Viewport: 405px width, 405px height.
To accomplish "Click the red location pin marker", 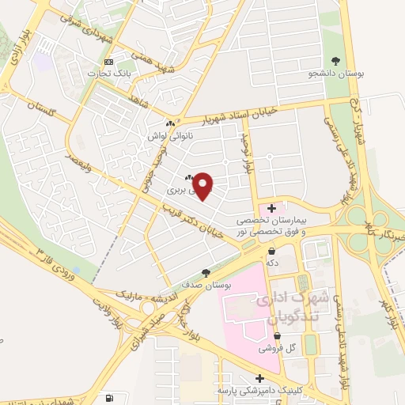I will pyautogui.click(x=203, y=186).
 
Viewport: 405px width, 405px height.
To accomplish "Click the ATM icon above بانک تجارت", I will pyautogui.click(x=108, y=62).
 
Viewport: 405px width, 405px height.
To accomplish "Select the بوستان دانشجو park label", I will pyautogui.click(x=337, y=74).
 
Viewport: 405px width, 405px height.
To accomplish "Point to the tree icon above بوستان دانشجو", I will pyautogui.click(x=337, y=61).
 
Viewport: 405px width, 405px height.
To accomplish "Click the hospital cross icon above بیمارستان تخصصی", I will pyautogui.click(x=272, y=208).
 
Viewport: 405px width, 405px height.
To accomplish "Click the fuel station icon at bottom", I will pyautogui.click(x=109, y=398).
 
